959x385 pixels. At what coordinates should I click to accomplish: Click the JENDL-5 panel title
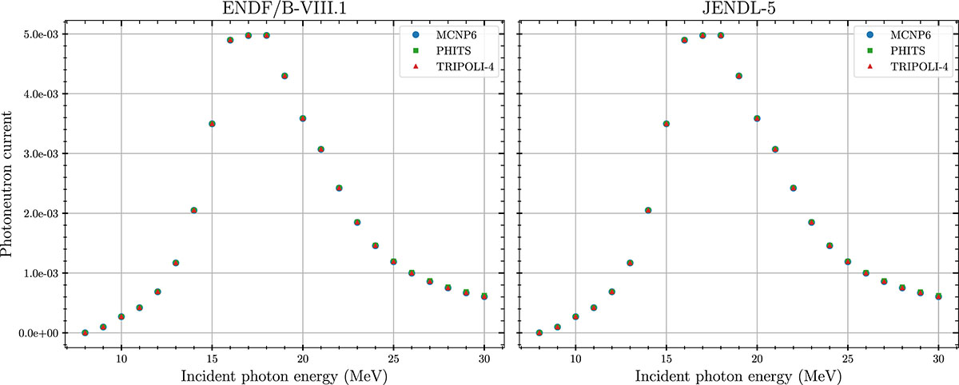(x=738, y=9)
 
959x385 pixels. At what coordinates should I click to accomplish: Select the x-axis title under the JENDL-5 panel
(x=738, y=375)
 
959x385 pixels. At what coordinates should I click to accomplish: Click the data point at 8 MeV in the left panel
(x=85, y=332)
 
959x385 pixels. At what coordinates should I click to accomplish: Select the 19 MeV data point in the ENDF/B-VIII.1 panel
(x=285, y=76)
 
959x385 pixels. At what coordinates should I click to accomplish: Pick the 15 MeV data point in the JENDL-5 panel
(x=666, y=124)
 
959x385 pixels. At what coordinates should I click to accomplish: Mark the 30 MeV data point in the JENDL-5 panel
(x=938, y=296)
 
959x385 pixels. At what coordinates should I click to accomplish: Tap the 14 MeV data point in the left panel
(x=194, y=210)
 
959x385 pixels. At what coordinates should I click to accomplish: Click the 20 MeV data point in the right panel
(x=757, y=118)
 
